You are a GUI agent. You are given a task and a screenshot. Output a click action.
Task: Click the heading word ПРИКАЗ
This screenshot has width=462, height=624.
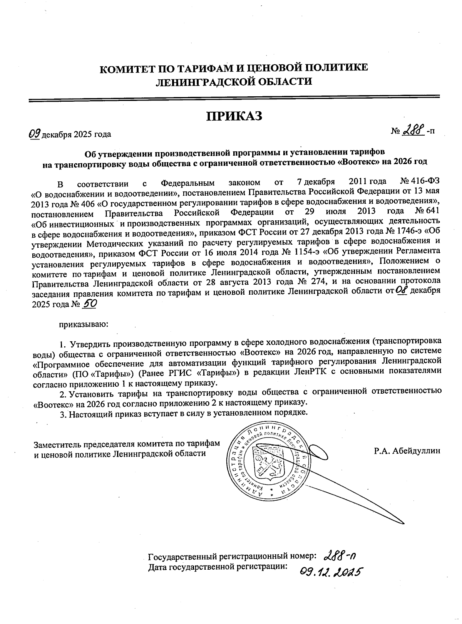234,116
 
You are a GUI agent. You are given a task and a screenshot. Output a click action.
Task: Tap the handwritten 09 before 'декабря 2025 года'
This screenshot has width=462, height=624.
35,134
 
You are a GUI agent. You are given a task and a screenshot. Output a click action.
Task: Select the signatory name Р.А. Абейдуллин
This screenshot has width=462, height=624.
407,450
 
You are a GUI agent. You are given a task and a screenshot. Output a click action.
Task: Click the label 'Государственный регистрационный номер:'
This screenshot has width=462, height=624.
233,557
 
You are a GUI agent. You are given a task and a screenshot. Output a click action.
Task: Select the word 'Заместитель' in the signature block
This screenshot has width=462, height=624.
57,443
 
